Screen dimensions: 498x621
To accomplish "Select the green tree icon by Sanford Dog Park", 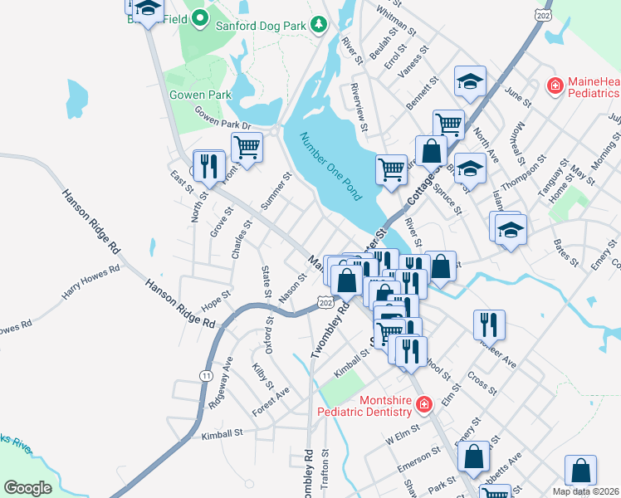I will click(318, 25).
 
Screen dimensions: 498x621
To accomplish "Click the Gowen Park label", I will click(200, 95).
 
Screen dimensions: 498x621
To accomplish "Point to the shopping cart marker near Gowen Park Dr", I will click(247, 148).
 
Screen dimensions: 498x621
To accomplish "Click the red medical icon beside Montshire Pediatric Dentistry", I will click(423, 405).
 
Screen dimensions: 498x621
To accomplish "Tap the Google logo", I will click(28, 487).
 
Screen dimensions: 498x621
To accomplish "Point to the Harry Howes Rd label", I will click(90, 283).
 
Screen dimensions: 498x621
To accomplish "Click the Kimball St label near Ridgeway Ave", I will click(221, 433).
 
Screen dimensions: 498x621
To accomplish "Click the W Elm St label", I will click(403, 437).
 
